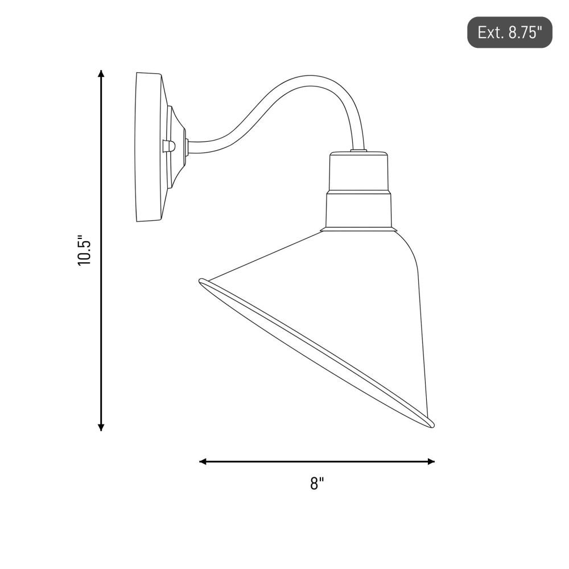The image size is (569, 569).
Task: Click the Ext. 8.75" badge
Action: click(x=509, y=32)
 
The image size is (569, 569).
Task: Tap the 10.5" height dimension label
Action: click(x=84, y=250)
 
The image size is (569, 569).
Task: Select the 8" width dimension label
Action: click(x=317, y=483)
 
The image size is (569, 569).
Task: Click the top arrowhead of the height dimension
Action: click(x=101, y=73)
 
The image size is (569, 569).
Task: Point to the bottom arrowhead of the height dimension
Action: click(x=101, y=427)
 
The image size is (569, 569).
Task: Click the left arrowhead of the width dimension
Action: click(x=203, y=461)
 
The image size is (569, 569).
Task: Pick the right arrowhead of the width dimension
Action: click(x=431, y=461)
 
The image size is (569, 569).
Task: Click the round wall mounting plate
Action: click(x=148, y=147)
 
